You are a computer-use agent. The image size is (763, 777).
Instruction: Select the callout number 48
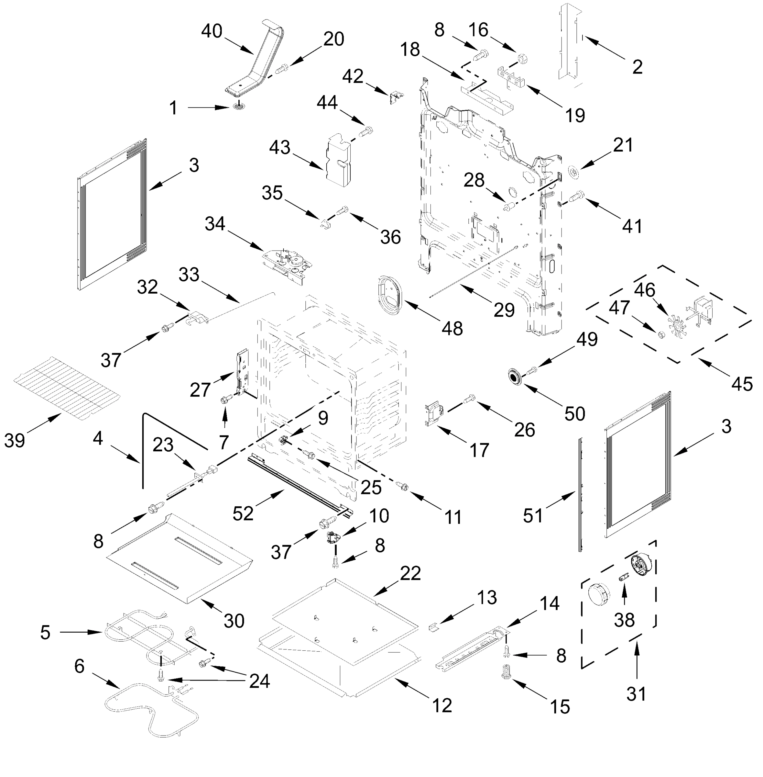pyautogui.click(x=452, y=328)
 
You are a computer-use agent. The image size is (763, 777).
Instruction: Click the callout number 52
pyautogui.click(x=243, y=513)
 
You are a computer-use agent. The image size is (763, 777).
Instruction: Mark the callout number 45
pyautogui.click(x=741, y=384)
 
